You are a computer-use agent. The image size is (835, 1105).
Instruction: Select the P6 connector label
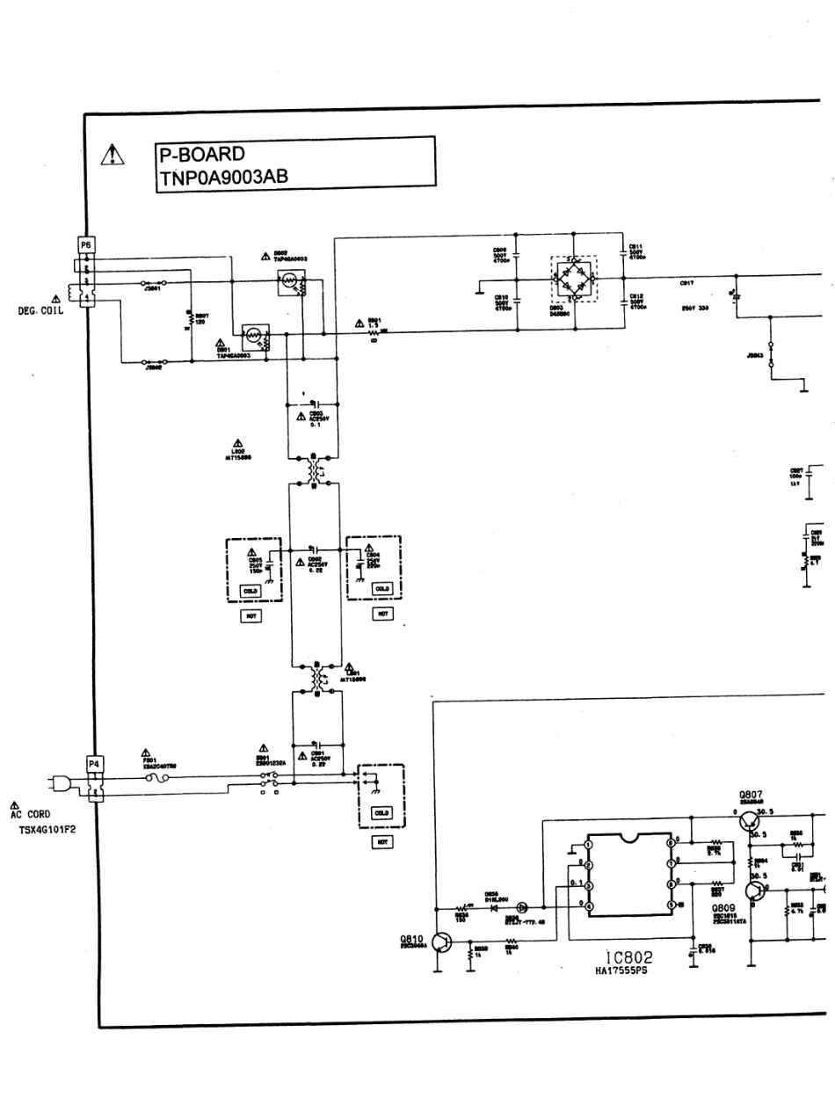click(87, 244)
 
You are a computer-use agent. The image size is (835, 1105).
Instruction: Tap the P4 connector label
click(94, 763)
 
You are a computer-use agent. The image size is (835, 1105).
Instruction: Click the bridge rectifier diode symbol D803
click(573, 281)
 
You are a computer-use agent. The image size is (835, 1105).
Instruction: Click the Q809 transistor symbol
click(754, 891)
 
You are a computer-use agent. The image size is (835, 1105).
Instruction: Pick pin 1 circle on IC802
click(589, 845)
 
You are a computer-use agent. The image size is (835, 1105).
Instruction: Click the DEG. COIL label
click(40, 310)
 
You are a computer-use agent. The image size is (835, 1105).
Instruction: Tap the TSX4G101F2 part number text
click(47, 828)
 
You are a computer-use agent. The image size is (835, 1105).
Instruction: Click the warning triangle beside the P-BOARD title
click(113, 156)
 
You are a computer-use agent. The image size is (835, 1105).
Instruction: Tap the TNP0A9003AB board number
click(223, 177)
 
